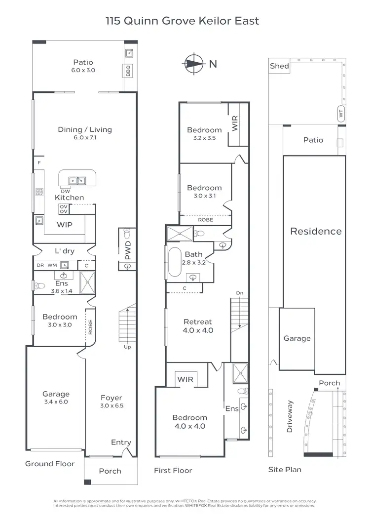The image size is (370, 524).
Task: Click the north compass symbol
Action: pyautogui.click(x=195, y=63)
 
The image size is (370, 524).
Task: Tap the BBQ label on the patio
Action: pyautogui.click(x=127, y=70)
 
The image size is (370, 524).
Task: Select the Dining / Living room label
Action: pyautogui.click(x=85, y=129)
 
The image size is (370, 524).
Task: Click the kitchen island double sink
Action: pyautogui.click(x=77, y=181)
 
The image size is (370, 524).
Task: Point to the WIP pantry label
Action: pyautogui.click(x=64, y=225)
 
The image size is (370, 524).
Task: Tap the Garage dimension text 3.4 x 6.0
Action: pyautogui.click(x=56, y=402)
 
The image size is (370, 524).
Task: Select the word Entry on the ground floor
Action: pyautogui.click(x=121, y=442)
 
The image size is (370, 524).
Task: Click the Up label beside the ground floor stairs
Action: pyautogui.click(x=127, y=347)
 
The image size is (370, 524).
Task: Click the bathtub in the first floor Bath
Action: pyautogui.click(x=175, y=261)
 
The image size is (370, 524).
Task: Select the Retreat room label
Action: pyautogui.click(x=197, y=322)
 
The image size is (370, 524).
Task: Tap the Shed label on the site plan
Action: pyautogui.click(x=279, y=66)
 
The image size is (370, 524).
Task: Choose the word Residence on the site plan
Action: pyautogui.click(x=316, y=231)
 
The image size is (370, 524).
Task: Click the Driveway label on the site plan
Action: pyautogui.click(x=290, y=416)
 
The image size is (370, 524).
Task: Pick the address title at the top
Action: pyautogui.click(x=182, y=21)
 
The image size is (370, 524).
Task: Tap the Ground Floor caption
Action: pyautogui.click(x=50, y=464)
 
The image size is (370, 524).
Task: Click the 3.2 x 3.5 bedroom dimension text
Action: pyautogui.click(x=204, y=138)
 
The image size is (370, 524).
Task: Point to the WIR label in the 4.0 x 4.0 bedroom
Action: pyautogui.click(x=186, y=379)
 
